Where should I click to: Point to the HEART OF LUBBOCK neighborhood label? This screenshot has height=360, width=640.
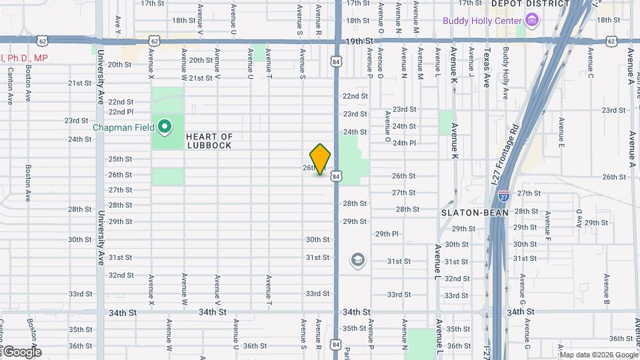[x=209, y=141]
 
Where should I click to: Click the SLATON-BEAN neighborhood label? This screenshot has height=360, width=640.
[x=475, y=213]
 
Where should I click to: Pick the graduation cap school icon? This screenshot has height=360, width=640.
[x=358, y=259]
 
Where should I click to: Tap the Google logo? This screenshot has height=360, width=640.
[x=21, y=352]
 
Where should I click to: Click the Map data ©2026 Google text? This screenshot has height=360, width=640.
[x=599, y=355]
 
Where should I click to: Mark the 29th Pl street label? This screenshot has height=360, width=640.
[x=386, y=234]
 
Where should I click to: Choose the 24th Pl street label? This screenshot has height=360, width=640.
[x=404, y=143]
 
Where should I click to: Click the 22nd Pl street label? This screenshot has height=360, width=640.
[x=121, y=112]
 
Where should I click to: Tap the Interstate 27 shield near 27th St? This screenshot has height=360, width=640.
[x=504, y=196]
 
